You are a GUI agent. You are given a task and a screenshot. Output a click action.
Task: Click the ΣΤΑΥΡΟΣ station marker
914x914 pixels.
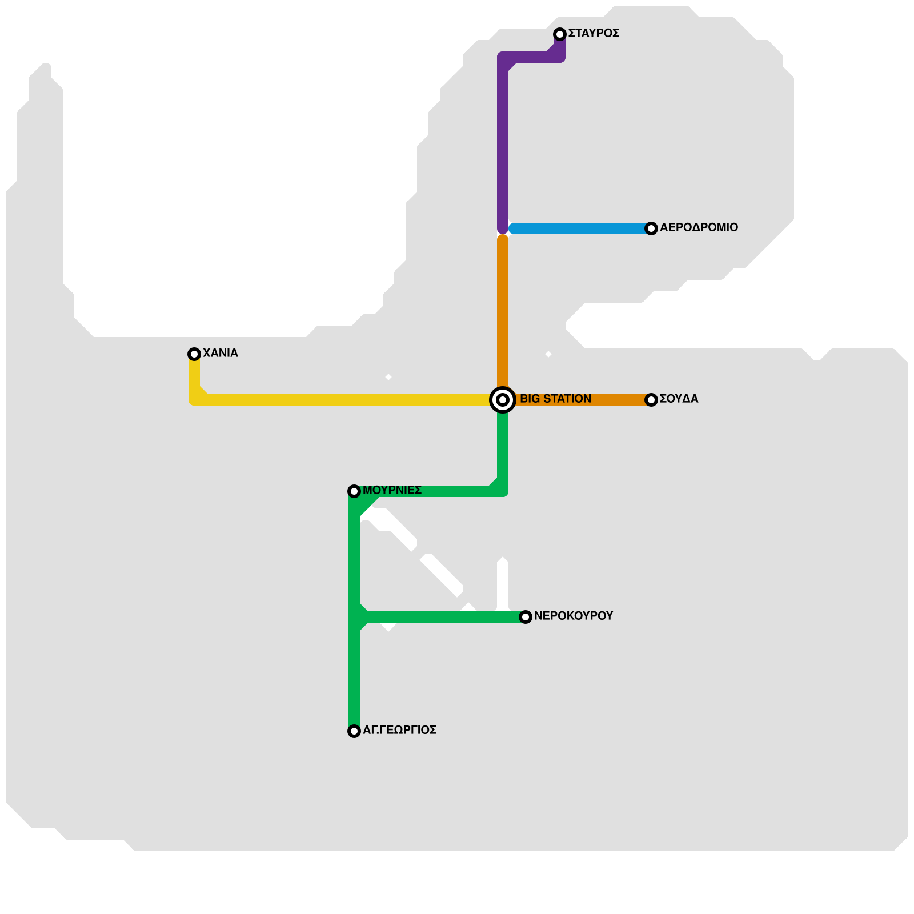[x=560, y=34]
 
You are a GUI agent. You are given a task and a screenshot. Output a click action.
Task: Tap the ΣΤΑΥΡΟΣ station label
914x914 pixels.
[x=594, y=34]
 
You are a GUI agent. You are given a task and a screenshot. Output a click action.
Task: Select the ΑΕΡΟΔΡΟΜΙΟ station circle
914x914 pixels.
[x=651, y=228]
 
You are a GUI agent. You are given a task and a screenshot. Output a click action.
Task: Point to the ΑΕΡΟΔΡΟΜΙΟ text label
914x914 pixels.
[x=699, y=228]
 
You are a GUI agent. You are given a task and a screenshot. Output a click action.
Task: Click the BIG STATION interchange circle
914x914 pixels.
[x=503, y=400]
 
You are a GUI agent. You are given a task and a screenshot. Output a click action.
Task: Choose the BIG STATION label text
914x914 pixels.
[x=555, y=399]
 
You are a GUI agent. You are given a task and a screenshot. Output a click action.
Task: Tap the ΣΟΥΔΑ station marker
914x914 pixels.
[x=651, y=400]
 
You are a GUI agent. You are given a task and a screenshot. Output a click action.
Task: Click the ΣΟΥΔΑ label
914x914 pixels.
[x=679, y=399]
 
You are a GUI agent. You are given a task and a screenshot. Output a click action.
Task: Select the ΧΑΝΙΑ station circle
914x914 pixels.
[x=194, y=354]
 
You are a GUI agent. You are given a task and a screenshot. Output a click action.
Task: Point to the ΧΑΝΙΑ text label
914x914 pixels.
[x=220, y=354]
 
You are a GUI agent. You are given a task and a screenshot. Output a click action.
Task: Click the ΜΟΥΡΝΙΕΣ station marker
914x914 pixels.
[x=354, y=491]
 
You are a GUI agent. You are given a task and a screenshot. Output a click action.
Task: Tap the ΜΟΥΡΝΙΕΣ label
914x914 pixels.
[x=392, y=491]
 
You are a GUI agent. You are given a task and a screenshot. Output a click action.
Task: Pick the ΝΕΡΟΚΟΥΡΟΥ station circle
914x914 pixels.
[x=526, y=617]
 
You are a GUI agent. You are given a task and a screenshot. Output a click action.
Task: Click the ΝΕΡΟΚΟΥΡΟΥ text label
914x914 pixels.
[x=573, y=616]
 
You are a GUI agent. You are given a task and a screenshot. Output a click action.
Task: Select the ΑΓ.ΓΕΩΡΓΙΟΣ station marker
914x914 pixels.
[x=354, y=731]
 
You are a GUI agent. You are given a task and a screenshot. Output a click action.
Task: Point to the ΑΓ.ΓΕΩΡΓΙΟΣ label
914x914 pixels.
[x=399, y=731]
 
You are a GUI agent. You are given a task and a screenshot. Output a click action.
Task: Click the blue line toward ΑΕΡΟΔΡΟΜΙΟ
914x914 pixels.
[x=577, y=228]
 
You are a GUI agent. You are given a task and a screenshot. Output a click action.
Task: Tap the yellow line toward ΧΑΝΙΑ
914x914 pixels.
[x=343, y=400]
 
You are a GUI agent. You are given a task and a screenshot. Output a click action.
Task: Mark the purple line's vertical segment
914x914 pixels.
[x=503, y=143]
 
